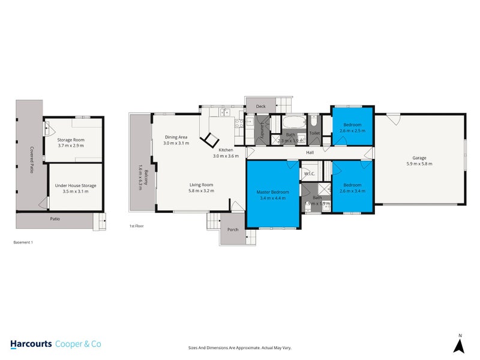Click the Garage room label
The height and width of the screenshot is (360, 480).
(x=419, y=157)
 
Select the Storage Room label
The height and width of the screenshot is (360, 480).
(x=71, y=139)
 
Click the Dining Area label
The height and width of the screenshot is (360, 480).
(x=177, y=137)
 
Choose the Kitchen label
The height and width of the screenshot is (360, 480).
(x=226, y=149)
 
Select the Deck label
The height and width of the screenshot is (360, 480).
(x=260, y=107)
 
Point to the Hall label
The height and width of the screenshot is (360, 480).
(x=310, y=153)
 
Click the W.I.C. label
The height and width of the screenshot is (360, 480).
(x=310, y=174)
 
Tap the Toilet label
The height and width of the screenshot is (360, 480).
(x=314, y=133)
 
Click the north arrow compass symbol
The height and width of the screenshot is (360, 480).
(x=460, y=344)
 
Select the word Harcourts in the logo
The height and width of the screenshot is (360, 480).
(x=31, y=344)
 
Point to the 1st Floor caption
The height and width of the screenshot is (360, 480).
(x=136, y=226)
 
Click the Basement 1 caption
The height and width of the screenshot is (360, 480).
(x=23, y=243)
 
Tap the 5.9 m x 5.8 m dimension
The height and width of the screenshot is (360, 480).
(x=419, y=163)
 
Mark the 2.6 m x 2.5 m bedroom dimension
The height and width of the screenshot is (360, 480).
(x=352, y=131)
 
